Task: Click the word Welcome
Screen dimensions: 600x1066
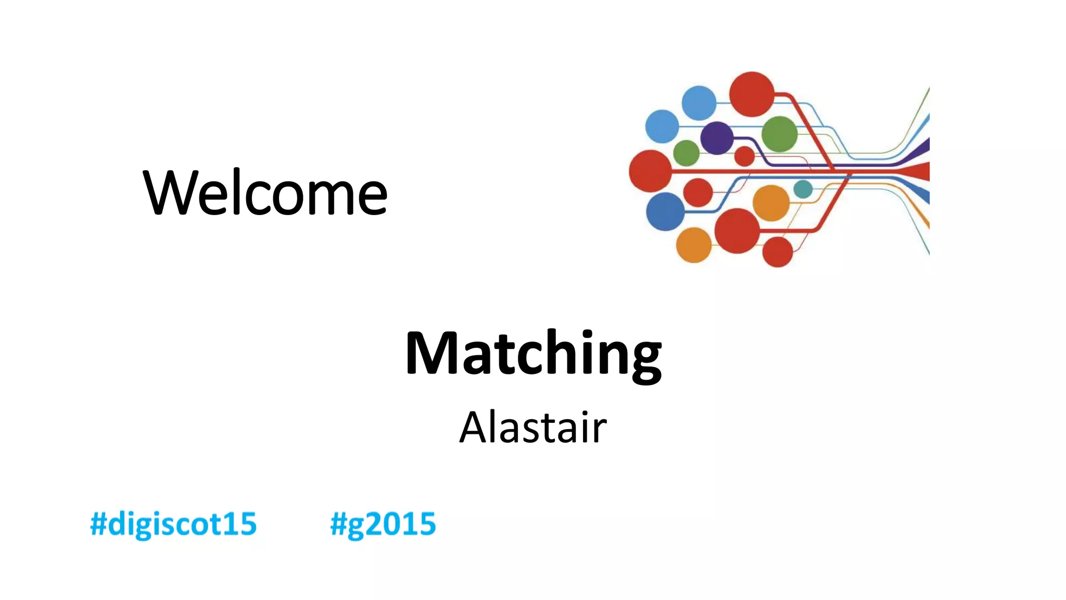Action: click(265, 193)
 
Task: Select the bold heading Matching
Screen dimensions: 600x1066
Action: click(533, 354)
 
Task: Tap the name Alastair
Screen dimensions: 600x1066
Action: click(533, 428)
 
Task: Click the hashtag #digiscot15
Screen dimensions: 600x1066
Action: click(173, 524)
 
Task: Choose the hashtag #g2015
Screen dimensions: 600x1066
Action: click(383, 524)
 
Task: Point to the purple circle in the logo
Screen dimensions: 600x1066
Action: click(717, 138)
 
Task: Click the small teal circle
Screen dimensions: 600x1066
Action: click(803, 189)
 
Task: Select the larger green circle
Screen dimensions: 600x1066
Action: click(779, 134)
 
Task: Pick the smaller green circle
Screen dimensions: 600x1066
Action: click(686, 153)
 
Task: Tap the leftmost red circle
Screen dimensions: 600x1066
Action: click(650, 171)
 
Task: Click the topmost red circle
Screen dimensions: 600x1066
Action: click(752, 94)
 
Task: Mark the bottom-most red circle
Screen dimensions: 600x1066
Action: click(777, 252)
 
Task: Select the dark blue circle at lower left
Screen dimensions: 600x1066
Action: click(665, 211)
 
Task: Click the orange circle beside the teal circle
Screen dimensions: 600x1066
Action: click(771, 203)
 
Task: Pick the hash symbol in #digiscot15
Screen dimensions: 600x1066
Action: click(98, 524)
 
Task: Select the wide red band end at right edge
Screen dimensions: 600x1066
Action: click(921, 171)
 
